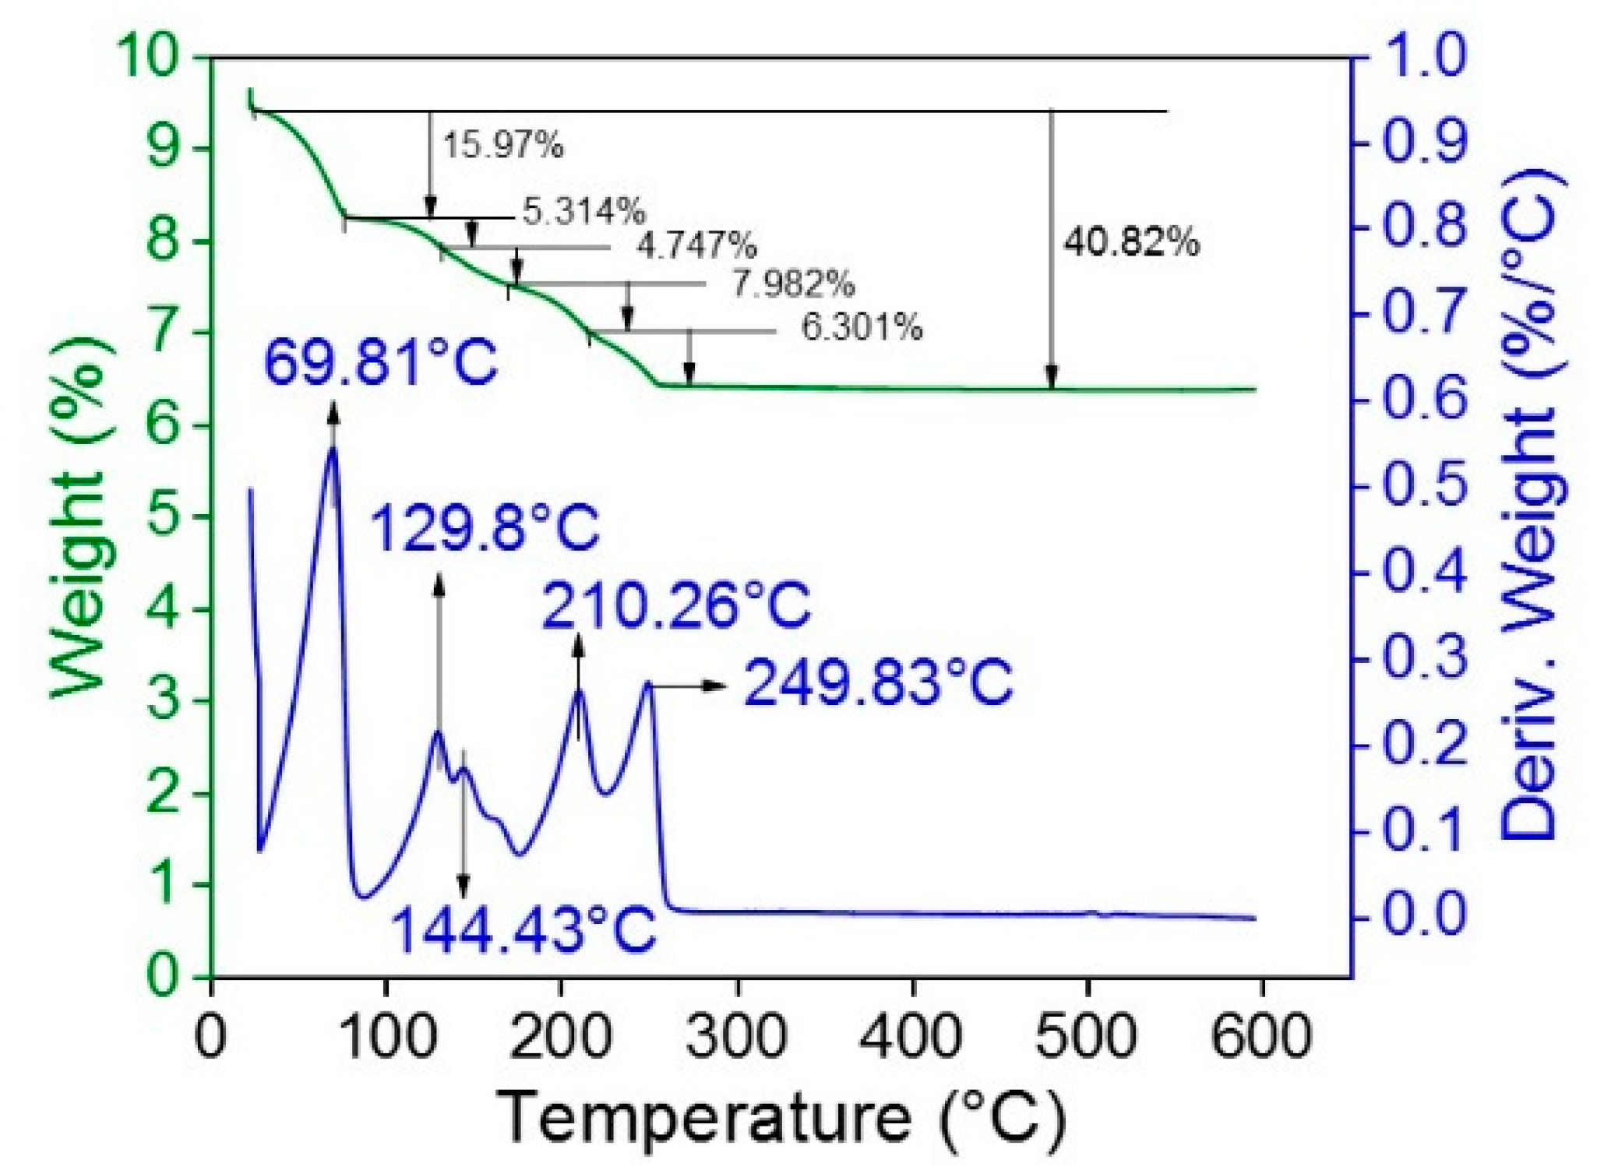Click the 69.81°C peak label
click(x=380, y=363)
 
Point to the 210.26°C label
click(x=676, y=606)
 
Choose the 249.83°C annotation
click(x=878, y=684)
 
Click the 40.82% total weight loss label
click(x=1131, y=242)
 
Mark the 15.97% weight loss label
click(x=503, y=145)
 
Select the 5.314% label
click(x=583, y=210)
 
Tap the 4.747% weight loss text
click(x=696, y=246)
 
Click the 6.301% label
click(x=862, y=327)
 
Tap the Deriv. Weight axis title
click(x=1529, y=506)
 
